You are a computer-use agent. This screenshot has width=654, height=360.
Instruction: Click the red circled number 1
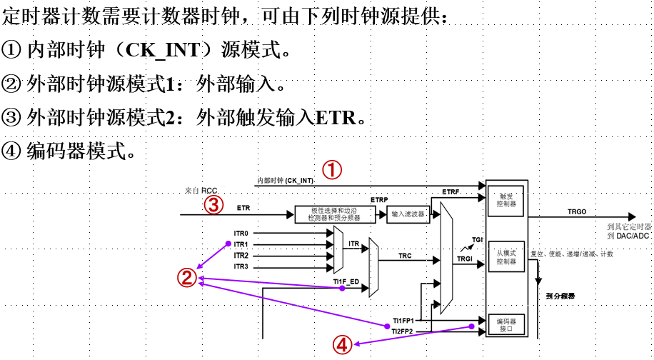(333, 170)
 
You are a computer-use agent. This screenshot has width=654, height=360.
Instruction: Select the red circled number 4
(342, 345)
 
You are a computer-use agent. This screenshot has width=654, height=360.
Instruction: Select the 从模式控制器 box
(505, 257)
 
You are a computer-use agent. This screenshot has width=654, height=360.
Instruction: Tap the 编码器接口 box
(505, 325)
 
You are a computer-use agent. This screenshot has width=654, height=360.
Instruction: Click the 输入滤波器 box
(408, 214)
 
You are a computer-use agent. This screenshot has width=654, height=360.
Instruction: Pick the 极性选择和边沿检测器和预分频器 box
(336, 214)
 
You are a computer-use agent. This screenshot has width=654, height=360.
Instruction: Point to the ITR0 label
(241, 234)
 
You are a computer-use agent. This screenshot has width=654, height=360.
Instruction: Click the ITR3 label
(241, 266)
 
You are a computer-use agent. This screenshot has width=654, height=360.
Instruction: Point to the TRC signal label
(405, 255)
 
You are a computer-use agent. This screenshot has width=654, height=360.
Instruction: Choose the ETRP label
(379, 199)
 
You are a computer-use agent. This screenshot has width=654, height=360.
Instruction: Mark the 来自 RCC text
(201, 191)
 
